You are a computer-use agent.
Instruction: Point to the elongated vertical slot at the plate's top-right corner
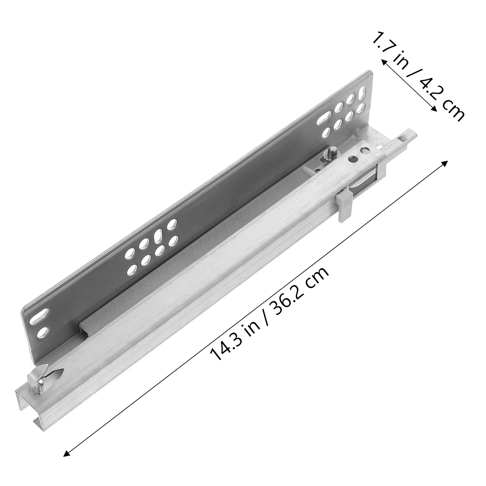363,91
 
